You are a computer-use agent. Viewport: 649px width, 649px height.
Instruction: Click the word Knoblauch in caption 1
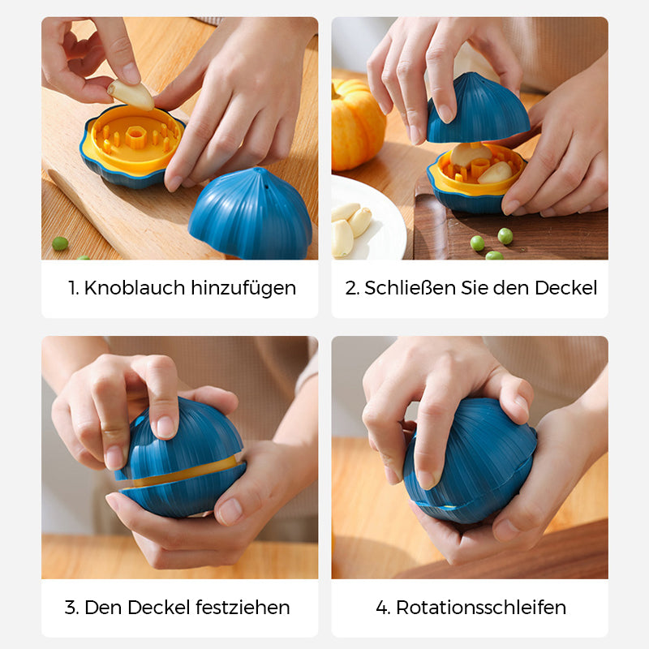(x=135, y=288)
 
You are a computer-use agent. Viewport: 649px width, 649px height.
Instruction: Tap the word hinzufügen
(x=243, y=288)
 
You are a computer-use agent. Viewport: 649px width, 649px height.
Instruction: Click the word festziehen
(x=243, y=607)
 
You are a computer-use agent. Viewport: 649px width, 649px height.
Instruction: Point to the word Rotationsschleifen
(x=481, y=607)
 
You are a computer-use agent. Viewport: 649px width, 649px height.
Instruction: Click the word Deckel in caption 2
(x=565, y=288)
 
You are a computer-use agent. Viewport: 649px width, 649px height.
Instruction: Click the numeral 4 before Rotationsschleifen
(x=382, y=608)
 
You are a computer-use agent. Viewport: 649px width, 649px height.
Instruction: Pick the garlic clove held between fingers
(x=131, y=95)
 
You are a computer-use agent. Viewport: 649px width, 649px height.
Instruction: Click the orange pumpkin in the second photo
(x=358, y=125)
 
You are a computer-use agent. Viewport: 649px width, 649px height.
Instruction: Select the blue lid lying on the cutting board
(x=251, y=214)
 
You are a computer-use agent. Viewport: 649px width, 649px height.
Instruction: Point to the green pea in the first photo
(x=60, y=243)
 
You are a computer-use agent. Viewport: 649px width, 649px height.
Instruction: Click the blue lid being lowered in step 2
(x=478, y=109)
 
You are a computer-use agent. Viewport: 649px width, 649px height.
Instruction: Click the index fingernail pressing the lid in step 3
(x=166, y=427)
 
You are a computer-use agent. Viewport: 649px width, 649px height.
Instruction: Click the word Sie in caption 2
(x=475, y=288)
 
